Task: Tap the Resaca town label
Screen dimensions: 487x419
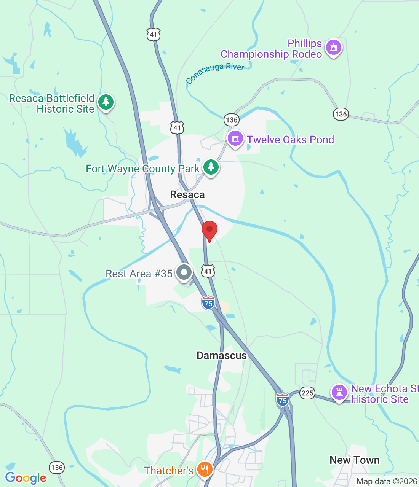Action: click(x=187, y=195)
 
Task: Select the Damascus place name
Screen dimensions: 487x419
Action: click(x=222, y=356)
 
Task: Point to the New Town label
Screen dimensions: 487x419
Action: click(x=354, y=460)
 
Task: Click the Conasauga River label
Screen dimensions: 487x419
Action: click(x=215, y=72)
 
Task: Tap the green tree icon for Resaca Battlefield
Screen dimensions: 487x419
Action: click(x=106, y=102)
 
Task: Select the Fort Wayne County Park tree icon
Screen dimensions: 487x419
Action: click(x=211, y=167)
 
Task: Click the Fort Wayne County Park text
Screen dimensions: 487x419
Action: click(x=142, y=169)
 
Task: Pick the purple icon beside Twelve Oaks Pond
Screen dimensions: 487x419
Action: click(x=235, y=138)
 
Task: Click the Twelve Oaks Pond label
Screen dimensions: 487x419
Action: click(x=291, y=140)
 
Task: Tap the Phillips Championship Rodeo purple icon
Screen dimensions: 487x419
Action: click(x=334, y=48)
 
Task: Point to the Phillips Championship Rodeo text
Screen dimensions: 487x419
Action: click(x=272, y=49)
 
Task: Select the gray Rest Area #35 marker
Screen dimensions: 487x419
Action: click(x=184, y=272)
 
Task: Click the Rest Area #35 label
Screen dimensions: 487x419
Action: click(x=139, y=274)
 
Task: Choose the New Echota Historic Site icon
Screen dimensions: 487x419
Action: click(x=339, y=392)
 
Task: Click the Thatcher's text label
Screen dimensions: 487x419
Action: click(x=169, y=471)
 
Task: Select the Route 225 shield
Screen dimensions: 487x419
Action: click(x=307, y=393)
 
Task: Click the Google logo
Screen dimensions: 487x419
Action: click(x=26, y=478)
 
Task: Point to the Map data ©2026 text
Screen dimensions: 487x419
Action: click(x=387, y=482)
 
